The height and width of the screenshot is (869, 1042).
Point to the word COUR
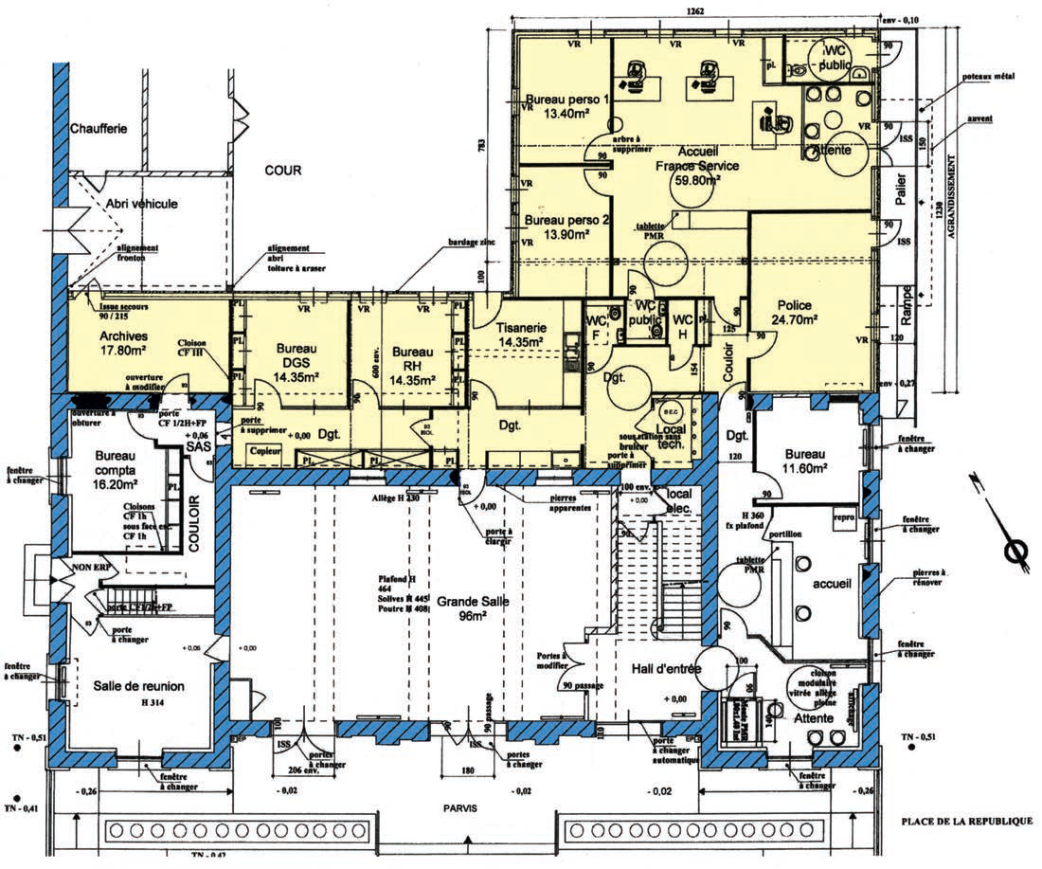tap(282, 172)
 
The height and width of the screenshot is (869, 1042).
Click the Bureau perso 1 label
tap(568, 107)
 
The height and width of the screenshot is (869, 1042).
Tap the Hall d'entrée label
tap(667, 669)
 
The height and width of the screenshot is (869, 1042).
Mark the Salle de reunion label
tap(138, 686)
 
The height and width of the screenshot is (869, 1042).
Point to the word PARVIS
tap(458, 807)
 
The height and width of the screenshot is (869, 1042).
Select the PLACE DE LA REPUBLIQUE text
tap(966, 821)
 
